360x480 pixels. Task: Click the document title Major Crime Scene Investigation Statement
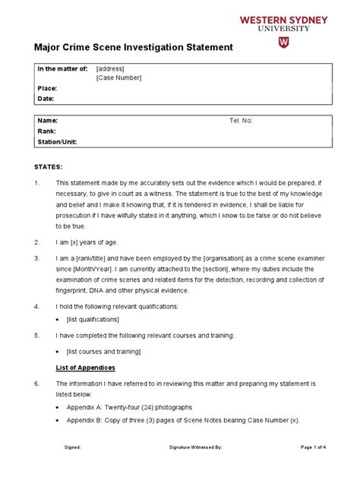(x=134, y=48)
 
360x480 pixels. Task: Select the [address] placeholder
(x=112, y=68)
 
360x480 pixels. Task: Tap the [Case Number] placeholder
(x=118, y=78)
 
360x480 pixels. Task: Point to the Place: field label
(x=47, y=88)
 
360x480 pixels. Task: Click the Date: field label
(x=46, y=99)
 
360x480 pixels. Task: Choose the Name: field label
(x=48, y=121)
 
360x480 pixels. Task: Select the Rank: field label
(x=47, y=131)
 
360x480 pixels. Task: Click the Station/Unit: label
(x=57, y=141)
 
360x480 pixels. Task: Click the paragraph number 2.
(x=36, y=242)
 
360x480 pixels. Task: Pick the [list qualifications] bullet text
(x=104, y=320)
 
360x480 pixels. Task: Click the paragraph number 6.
(x=36, y=384)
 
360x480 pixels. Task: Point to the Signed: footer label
(x=73, y=448)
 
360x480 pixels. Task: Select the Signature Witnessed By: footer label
(x=195, y=448)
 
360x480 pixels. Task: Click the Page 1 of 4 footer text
(x=314, y=448)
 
